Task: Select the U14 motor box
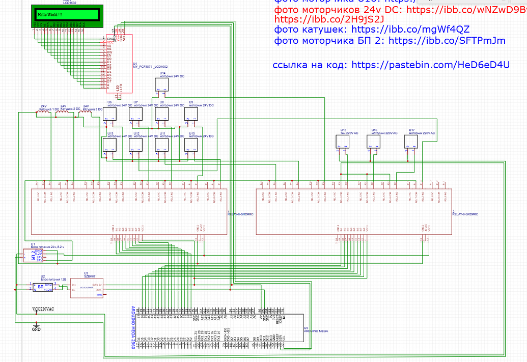(161, 85)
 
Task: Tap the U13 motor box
(109, 146)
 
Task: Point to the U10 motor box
(190, 146)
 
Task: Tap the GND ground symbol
(36, 326)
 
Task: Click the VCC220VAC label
(43, 309)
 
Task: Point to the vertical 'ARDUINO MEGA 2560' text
(134, 325)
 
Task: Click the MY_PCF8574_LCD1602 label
(150, 67)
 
